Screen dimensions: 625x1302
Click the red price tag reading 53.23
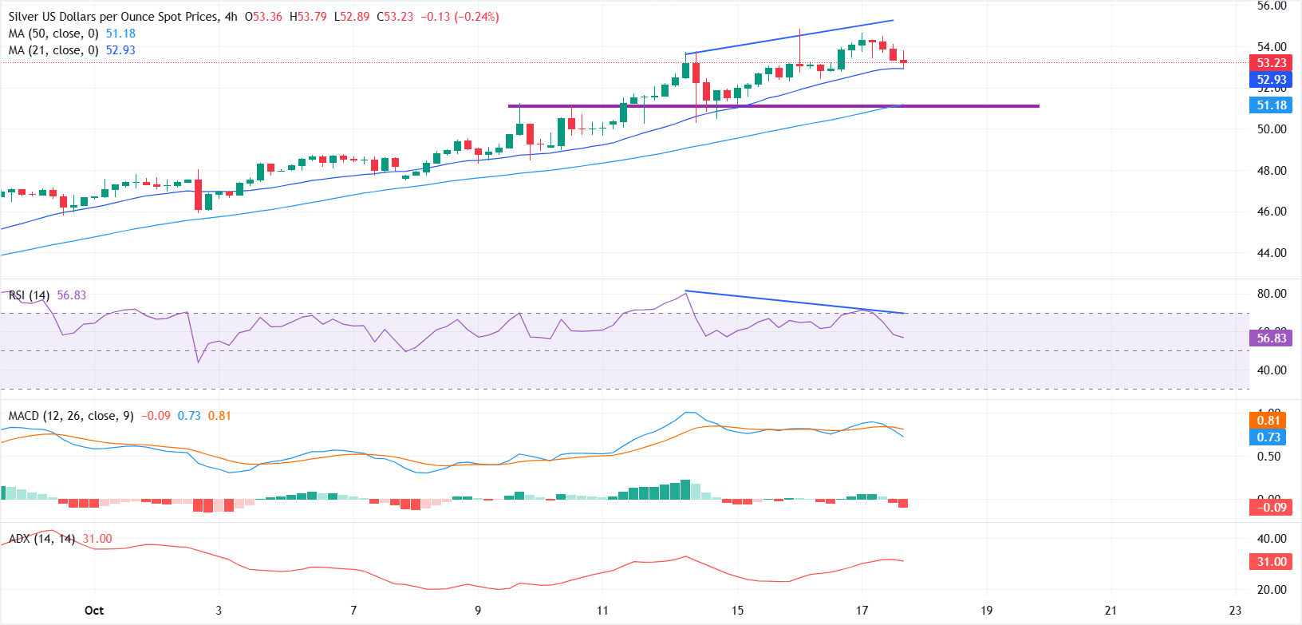click(x=1271, y=63)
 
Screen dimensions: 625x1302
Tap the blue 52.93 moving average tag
click(x=1271, y=80)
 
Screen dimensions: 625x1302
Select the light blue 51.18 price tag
click(x=1271, y=105)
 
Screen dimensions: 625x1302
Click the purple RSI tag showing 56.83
click(x=1271, y=338)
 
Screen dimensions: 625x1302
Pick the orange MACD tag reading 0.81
click(x=1268, y=421)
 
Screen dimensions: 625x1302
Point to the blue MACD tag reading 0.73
click(x=1268, y=437)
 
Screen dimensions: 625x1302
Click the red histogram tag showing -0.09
click(x=1271, y=508)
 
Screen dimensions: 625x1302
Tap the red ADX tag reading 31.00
click(x=1271, y=562)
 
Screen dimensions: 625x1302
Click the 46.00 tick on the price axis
click(x=1272, y=212)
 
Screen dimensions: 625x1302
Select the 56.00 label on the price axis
click(x=1272, y=6)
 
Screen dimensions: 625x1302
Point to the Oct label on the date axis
click(x=94, y=611)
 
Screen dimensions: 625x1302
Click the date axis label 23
click(x=1235, y=611)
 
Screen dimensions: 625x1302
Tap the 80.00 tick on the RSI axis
click(x=1272, y=294)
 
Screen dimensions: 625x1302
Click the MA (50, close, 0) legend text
click(x=53, y=34)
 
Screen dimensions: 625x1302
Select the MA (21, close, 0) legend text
click(x=53, y=50)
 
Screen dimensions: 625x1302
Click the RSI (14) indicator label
click(x=29, y=295)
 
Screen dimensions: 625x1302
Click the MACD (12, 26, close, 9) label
click(x=71, y=416)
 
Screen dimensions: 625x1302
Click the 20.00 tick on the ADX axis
click(x=1272, y=590)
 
